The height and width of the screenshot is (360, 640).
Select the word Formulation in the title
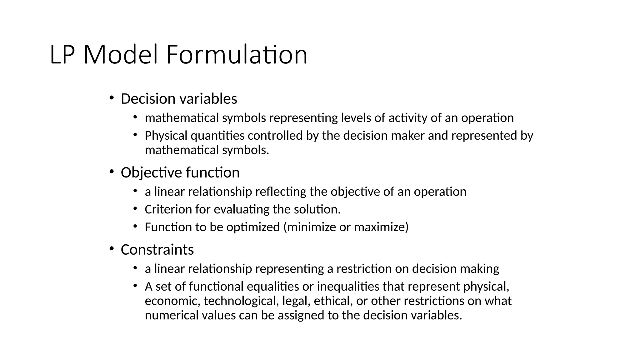coord(237,55)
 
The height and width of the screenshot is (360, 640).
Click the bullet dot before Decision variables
coord(112,98)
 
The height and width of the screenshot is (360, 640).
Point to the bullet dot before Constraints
coord(112,249)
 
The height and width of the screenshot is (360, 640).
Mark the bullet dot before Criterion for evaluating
coord(135,208)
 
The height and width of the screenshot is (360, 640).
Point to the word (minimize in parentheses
coord(309,227)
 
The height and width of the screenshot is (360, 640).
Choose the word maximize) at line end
coord(381,227)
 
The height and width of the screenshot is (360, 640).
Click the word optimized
coord(253,227)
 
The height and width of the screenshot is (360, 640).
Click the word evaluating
coord(241,209)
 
